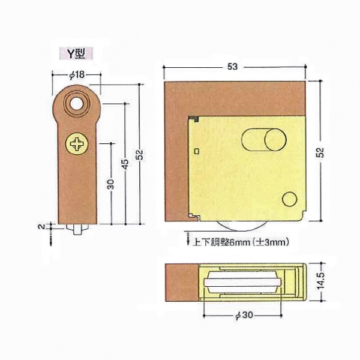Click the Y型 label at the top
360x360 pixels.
76,53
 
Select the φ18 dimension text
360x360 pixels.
77,74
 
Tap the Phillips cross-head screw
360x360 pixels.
77,143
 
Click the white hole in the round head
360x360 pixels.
76,104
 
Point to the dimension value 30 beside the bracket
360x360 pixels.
111,184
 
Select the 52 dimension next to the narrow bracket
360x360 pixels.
139,155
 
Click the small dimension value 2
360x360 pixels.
41,227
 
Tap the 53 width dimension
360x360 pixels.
232,67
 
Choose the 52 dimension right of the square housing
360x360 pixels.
321,152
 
